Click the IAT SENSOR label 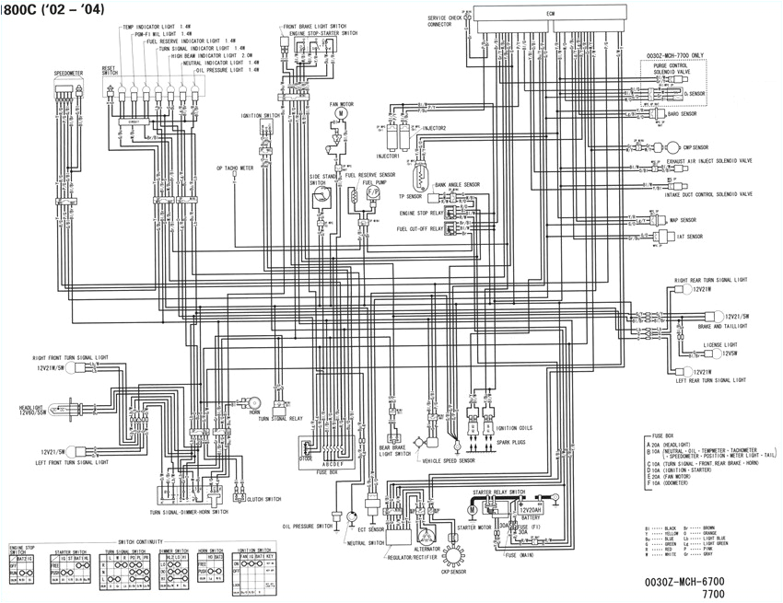[688, 237]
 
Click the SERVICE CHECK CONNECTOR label [446, 21]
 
